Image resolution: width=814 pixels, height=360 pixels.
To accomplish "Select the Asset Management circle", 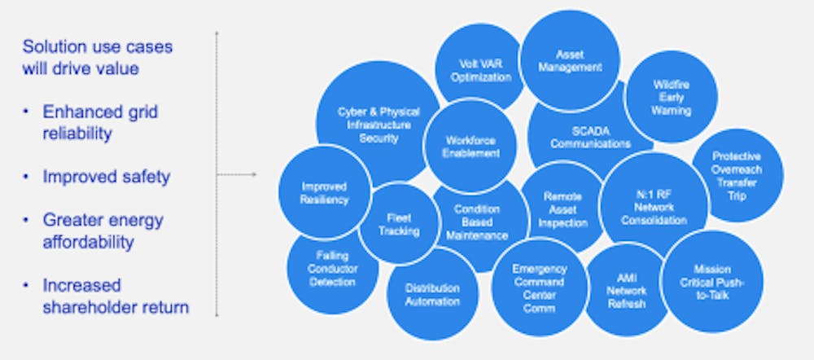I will [x=570, y=60].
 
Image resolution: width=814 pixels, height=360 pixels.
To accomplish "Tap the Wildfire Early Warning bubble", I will [x=671, y=97].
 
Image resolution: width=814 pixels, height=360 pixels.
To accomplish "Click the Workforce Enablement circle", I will [x=470, y=147].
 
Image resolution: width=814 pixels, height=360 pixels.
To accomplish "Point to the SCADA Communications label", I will [x=590, y=137].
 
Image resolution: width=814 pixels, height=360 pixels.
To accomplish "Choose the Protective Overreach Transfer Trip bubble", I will [x=736, y=175].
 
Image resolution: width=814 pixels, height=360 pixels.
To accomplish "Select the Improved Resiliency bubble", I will [x=325, y=192].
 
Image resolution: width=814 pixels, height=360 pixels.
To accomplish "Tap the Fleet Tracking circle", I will [x=399, y=224].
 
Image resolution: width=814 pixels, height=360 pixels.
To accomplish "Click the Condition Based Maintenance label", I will [x=476, y=222].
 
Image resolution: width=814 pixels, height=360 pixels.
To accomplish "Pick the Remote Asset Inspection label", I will [x=562, y=209].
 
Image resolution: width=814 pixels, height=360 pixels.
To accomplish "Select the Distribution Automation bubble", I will [x=432, y=294].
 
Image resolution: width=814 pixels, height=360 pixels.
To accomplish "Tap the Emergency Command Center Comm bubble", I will [x=539, y=288].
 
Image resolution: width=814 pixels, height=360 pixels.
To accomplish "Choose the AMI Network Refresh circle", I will [x=625, y=291].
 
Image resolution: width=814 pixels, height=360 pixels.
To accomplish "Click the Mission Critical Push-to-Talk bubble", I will [x=712, y=282].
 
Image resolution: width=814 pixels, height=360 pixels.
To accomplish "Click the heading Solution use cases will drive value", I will [x=97, y=57].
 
